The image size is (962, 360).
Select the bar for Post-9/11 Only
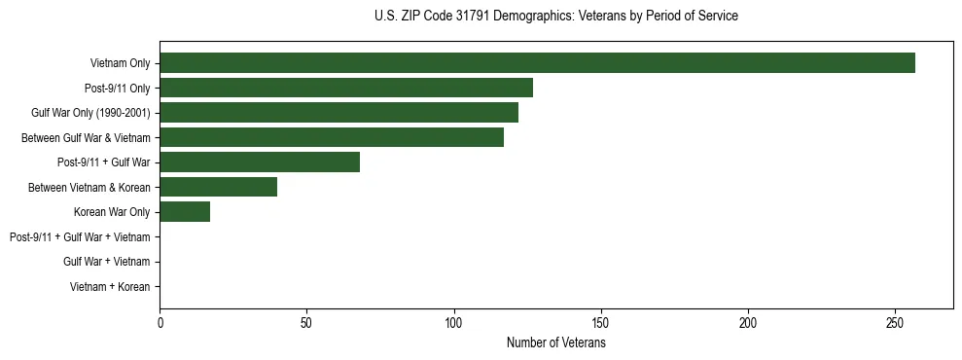346,88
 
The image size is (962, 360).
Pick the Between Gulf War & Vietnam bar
332,137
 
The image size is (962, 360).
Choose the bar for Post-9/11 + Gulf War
260,162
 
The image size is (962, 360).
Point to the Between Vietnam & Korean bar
218,187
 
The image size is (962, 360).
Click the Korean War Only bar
185,212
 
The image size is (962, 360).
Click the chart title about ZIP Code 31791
555,17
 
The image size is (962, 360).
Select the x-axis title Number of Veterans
555,343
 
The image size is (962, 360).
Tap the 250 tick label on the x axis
896,323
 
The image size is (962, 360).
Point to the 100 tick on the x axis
454,323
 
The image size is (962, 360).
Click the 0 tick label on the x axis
160,323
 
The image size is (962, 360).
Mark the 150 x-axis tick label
601,323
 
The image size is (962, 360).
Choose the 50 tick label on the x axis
306,323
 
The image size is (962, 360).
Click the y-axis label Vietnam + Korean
110,287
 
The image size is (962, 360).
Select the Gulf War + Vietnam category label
106,262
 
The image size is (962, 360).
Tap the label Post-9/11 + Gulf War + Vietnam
80,237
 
